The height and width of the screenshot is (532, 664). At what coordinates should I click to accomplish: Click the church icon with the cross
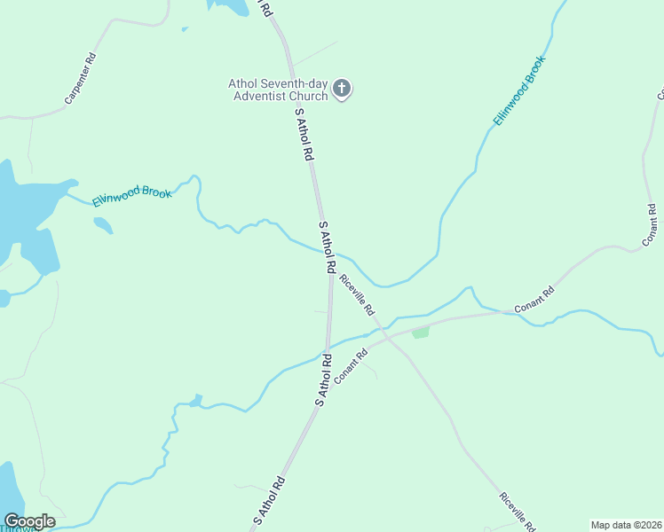343,88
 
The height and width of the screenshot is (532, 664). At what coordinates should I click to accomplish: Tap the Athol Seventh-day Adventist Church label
279,90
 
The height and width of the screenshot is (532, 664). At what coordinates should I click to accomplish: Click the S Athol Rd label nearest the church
304,134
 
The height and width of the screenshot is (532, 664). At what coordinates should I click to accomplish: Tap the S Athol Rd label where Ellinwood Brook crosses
327,246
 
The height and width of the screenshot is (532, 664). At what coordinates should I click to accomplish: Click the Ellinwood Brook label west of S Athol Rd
132,191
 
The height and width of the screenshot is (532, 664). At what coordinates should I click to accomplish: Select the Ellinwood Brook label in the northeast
519,90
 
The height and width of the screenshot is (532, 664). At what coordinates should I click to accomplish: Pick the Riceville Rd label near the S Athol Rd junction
357,295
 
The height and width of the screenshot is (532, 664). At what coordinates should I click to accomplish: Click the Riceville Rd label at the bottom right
517,512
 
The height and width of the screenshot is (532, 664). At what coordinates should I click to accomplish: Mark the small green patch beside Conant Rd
421,332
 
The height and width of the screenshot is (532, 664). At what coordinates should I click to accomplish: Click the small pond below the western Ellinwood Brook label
103,225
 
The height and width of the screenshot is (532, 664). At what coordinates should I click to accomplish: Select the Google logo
29,521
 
